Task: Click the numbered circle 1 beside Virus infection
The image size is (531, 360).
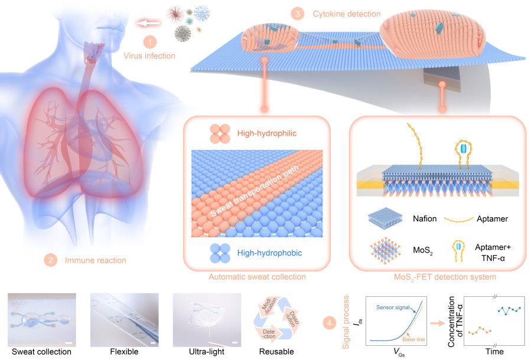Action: [151, 41]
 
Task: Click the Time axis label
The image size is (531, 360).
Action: [495, 351]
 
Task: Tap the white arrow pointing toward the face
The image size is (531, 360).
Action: [149, 24]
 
